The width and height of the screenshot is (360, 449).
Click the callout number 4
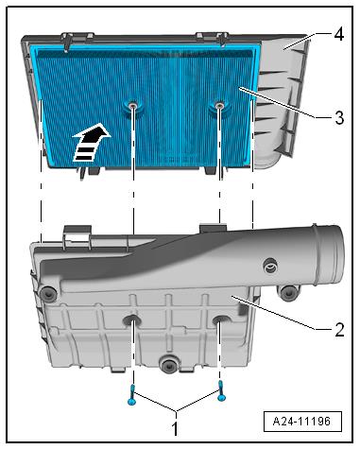pos(339,35)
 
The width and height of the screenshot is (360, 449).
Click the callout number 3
pos(339,117)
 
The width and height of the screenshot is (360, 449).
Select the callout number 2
pos(339,330)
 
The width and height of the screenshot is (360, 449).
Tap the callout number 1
pos(174,428)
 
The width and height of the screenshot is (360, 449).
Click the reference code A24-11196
pos(302,422)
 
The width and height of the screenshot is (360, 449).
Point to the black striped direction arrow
pos(91,142)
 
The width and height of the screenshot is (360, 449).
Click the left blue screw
pos(131,395)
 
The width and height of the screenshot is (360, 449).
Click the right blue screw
pos(222,390)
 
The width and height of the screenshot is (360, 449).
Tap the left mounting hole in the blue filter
pos(133,106)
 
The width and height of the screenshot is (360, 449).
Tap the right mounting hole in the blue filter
pos(218,105)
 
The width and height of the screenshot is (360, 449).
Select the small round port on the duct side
pos(271,266)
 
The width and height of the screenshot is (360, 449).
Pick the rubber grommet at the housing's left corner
pos(48,295)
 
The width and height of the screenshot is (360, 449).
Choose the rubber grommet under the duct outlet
pos(287,293)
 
